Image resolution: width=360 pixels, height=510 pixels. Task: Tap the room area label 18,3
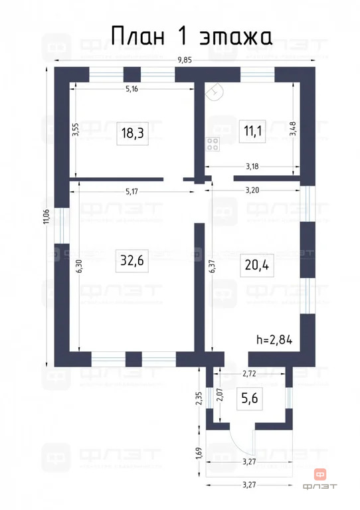(132, 133)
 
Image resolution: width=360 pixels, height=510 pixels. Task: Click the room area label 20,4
(256, 265)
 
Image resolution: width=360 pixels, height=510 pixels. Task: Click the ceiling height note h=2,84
(274, 339)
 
